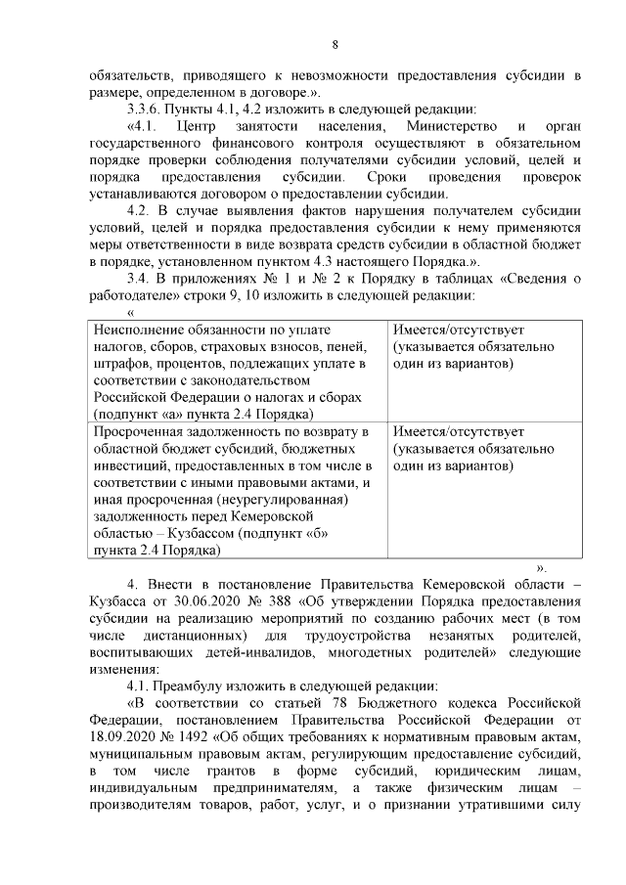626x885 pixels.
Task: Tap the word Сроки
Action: pyautogui.click(x=391, y=177)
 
